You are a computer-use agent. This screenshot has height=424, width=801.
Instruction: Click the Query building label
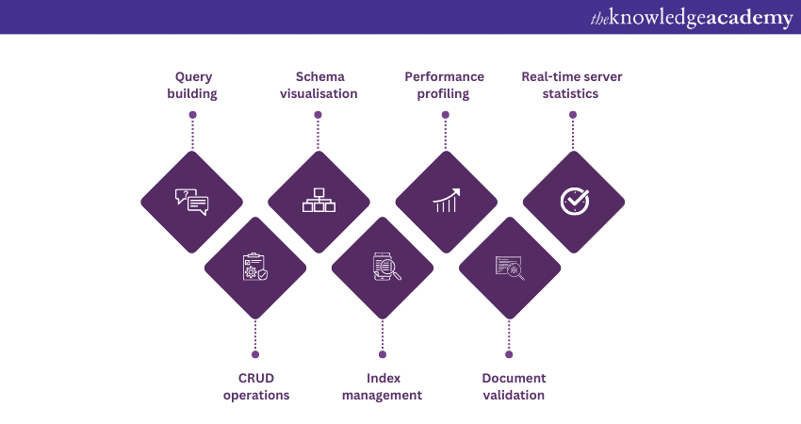pyautogui.click(x=192, y=85)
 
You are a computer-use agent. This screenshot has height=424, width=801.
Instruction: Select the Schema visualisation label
pyautogui.click(x=319, y=85)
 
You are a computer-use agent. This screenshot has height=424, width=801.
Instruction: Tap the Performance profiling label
pyautogui.click(x=445, y=85)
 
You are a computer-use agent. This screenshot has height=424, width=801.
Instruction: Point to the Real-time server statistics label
pyautogui.click(x=572, y=85)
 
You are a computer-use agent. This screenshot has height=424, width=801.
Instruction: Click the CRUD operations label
pyautogui.click(x=256, y=386)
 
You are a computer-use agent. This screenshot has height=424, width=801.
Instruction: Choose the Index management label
pyautogui.click(x=382, y=386)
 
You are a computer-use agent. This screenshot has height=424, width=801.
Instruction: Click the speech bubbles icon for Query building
pyautogui.click(x=191, y=201)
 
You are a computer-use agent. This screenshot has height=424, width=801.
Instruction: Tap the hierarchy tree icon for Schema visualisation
pyautogui.click(x=319, y=201)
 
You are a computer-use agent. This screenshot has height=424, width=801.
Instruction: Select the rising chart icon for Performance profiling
pyautogui.click(x=446, y=201)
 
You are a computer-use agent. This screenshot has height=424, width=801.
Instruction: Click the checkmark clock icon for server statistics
pyautogui.click(x=573, y=201)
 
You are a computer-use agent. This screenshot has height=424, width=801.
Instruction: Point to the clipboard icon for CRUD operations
pyautogui.click(x=255, y=268)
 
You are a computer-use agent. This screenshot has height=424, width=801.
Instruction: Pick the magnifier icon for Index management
pyautogui.click(x=384, y=268)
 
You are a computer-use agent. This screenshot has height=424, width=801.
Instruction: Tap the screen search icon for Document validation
pyautogui.click(x=510, y=268)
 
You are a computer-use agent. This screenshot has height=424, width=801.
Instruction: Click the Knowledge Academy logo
pyautogui.click(x=692, y=18)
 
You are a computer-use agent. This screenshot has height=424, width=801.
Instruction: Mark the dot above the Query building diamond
pyautogui.click(x=192, y=115)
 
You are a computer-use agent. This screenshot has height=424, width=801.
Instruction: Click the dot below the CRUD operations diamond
pyautogui.click(x=255, y=354)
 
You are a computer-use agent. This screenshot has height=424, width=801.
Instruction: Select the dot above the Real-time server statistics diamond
pyautogui.click(x=573, y=115)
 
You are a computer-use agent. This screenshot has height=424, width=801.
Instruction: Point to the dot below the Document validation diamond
pyautogui.click(x=509, y=354)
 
